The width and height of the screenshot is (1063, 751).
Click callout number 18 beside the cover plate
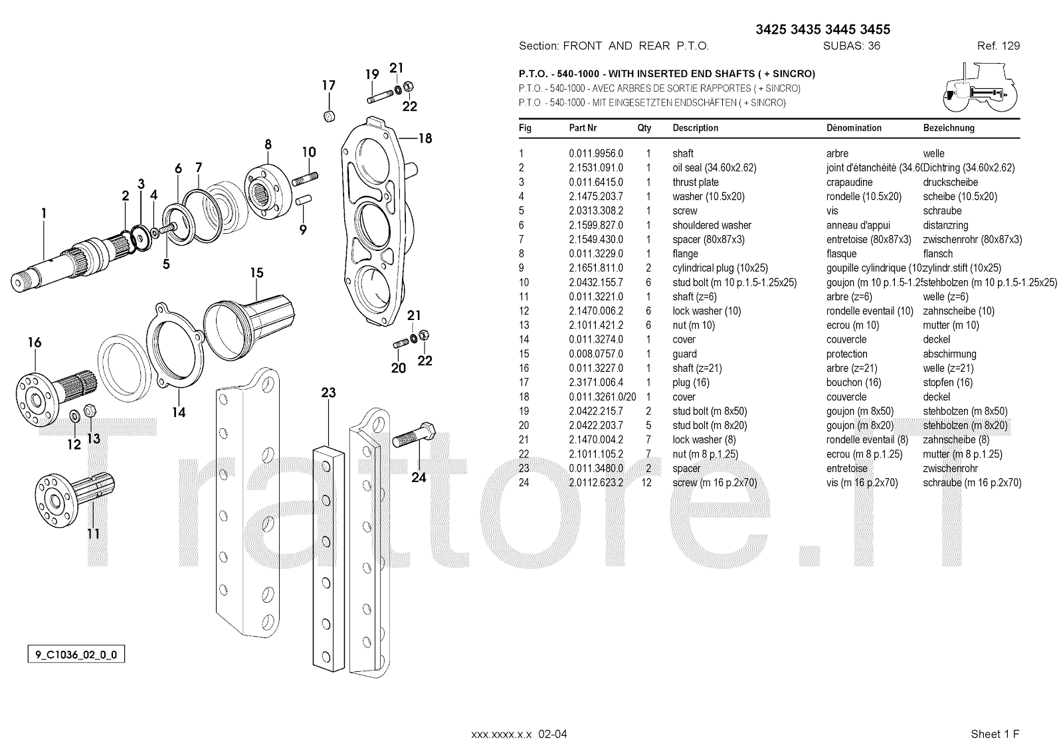pyautogui.click(x=425, y=138)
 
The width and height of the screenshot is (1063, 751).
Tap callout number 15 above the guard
pyautogui.click(x=256, y=273)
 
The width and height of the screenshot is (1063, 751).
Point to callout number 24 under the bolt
pyautogui.click(x=419, y=477)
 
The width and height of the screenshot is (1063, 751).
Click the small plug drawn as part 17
pyautogui.click(x=328, y=117)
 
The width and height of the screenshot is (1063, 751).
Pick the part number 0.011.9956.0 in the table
pyautogui.click(x=595, y=153)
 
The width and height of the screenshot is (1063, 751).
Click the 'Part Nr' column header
pyautogui.click(x=583, y=128)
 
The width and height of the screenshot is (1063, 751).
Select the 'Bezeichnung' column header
pyautogui.click(x=948, y=128)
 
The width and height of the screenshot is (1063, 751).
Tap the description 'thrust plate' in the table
pyautogui.click(x=695, y=182)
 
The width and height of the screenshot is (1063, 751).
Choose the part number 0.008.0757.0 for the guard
pyautogui.click(x=595, y=354)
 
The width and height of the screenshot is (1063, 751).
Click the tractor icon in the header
pyautogui.click(x=979, y=87)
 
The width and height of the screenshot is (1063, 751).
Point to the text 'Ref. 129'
pyautogui.click(x=998, y=46)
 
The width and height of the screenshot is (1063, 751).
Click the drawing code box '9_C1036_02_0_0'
pyautogui.click(x=76, y=655)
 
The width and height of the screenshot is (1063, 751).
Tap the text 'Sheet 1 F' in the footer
pyautogui.click(x=995, y=734)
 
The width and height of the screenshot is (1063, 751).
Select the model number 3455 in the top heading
pyautogui.click(x=874, y=29)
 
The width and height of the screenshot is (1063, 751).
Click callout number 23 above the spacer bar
pyautogui.click(x=329, y=392)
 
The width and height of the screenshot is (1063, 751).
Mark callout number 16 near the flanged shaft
pyautogui.click(x=35, y=343)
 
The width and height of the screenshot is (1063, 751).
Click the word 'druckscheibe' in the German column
pyautogui.click(x=951, y=182)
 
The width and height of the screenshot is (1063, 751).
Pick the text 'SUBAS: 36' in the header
pyautogui.click(x=852, y=46)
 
